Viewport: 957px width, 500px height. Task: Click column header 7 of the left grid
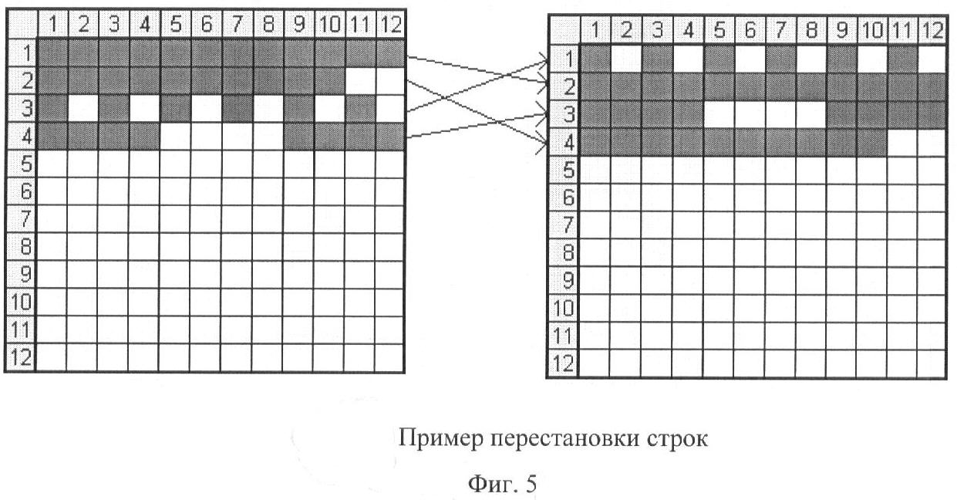pos(236,24)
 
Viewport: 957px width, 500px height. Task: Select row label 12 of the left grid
pos(21,357)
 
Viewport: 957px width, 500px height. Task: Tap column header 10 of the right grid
pos(872,30)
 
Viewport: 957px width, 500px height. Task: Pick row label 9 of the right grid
pos(563,281)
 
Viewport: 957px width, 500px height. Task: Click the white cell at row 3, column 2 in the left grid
pos(83,109)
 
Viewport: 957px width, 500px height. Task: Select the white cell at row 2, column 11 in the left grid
pos(359,81)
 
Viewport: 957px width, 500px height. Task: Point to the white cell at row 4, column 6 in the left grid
pos(206,137)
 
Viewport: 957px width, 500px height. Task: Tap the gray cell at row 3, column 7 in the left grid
pos(237,109)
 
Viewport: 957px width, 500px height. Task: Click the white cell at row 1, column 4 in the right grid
pos(688,58)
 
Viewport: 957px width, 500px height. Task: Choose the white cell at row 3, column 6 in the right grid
pos(750,114)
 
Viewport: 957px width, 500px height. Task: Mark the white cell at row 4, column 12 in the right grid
pos(932,142)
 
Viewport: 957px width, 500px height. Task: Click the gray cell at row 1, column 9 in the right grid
pos(841,58)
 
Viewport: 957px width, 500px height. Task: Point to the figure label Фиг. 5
pos(503,485)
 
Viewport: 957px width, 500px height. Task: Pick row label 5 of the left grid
pos(21,164)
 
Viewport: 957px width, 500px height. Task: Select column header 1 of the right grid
pos(595,30)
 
